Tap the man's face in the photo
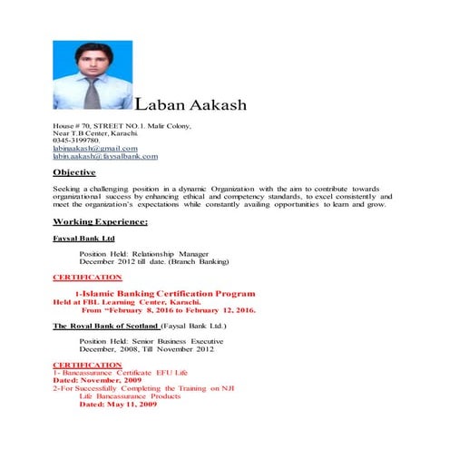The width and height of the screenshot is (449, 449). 91,58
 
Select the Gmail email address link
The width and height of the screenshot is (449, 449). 95,148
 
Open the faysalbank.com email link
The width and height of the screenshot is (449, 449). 105,156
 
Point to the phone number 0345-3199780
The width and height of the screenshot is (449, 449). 76,141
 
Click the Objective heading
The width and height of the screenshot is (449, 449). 74,171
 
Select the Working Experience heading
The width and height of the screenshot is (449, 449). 101,221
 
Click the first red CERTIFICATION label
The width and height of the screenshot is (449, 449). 87,277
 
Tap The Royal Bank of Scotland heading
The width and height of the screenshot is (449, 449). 107,325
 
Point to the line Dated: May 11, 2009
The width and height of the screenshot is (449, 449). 118,404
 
